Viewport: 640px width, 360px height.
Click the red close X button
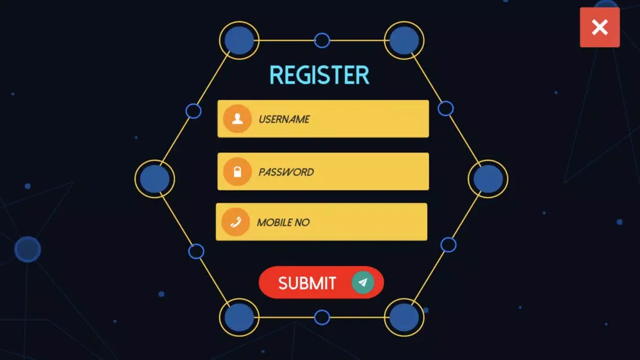[599, 28]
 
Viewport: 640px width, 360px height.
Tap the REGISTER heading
[319, 75]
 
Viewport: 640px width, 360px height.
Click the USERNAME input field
[323, 119]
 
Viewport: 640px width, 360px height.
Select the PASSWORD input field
[323, 171]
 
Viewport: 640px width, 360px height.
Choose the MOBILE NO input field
[321, 221]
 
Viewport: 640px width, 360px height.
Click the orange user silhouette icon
[237, 119]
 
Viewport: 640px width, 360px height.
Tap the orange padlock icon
[237, 171]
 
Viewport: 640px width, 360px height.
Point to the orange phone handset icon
[235, 222]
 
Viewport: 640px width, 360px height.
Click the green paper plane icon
[363, 282]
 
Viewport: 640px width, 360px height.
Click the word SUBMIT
[307, 283]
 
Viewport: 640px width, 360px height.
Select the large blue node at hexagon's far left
[155, 179]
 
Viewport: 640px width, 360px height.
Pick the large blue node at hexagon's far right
[488, 179]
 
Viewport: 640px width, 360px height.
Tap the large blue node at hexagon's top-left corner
[239, 41]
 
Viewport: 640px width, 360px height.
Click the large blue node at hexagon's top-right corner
[404, 41]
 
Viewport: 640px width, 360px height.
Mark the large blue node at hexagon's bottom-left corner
[239, 318]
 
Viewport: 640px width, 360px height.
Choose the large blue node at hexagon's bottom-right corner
[404, 318]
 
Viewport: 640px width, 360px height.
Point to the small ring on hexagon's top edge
[322, 33]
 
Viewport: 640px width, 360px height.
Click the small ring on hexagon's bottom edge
[322, 310]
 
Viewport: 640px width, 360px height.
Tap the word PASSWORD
[286, 172]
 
